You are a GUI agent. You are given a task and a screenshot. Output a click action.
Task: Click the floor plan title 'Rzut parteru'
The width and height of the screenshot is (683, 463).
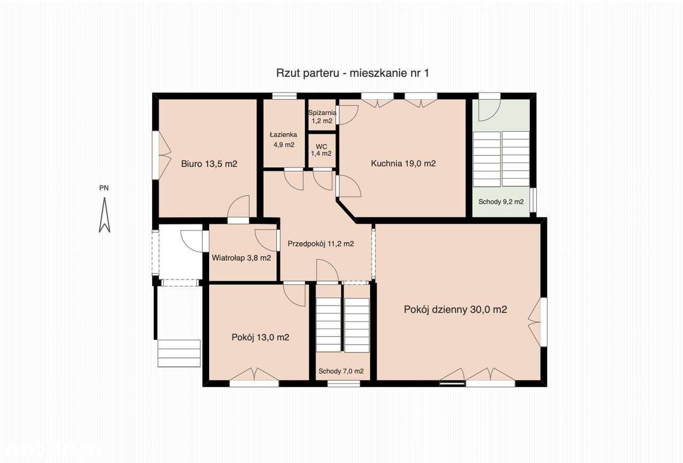point(307,74)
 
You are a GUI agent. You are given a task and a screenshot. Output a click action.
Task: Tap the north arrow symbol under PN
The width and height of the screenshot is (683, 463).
point(104,215)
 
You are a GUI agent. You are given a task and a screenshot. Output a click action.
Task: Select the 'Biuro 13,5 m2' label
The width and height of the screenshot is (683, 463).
point(209,164)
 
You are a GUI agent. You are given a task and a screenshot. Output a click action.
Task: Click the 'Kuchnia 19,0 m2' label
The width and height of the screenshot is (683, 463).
point(403,164)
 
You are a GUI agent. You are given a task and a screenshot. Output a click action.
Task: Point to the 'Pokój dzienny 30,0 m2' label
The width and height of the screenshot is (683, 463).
point(455,310)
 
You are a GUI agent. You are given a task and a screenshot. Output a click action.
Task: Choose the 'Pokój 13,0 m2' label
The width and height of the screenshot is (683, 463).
point(260,338)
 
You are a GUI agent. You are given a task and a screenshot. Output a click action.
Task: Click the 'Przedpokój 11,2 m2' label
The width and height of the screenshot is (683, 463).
point(321,244)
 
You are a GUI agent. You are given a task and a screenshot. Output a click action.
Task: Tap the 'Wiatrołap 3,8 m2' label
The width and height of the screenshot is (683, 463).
point(241,258)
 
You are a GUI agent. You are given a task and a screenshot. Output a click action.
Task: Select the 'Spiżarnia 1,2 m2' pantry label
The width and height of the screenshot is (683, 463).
point(322,117)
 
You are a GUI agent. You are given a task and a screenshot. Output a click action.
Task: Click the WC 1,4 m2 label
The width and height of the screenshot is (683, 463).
point(321,150)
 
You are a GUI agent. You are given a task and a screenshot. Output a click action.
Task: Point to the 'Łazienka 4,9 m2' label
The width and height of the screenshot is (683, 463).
point(283,140)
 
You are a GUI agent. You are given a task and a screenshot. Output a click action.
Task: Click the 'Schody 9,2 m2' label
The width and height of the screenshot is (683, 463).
point(501,202)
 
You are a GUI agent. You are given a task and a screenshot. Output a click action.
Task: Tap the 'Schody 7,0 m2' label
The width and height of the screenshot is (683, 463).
point(341,371)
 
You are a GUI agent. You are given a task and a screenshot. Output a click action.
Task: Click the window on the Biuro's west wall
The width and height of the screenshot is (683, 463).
point(155,155)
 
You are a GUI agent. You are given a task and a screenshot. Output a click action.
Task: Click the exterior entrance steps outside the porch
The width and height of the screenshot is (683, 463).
point(179,353)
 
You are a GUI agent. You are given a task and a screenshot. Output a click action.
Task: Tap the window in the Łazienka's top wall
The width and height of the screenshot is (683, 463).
point(284,95)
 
